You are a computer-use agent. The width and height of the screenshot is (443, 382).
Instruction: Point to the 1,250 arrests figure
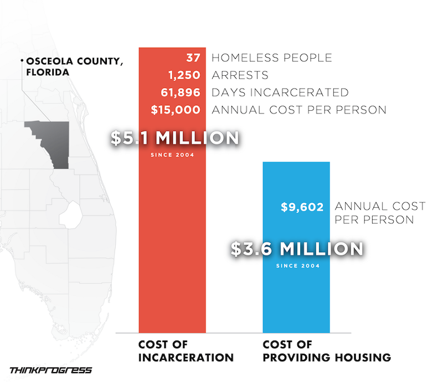coord(184,75)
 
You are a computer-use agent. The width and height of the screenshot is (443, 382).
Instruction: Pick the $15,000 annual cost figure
coord(175,110)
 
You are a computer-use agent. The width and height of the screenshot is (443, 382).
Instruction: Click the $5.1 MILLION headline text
coord(174,138)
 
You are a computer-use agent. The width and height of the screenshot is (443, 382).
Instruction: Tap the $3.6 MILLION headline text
coord(297,249)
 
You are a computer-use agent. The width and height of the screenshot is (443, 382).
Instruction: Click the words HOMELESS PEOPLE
coord(272,58)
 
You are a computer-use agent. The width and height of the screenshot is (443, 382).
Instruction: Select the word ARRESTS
coord(240,75)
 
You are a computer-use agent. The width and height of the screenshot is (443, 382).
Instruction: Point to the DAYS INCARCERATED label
coord(280,92)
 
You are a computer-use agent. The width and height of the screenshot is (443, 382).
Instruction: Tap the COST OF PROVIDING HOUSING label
coord(327,351)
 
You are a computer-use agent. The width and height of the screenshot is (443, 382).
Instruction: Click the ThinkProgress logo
coord(51,370)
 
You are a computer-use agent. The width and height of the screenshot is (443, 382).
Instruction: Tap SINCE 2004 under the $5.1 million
coord(172,154)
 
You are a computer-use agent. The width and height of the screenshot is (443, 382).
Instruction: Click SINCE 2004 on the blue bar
coord(297,266)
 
